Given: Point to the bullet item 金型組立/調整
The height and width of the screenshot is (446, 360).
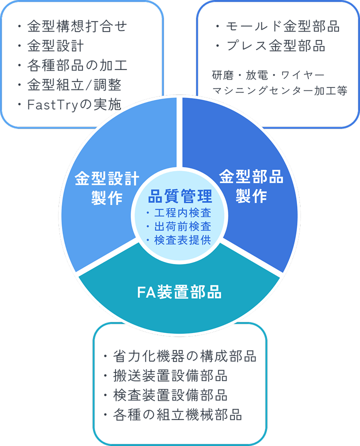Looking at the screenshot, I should (x=73, y=84).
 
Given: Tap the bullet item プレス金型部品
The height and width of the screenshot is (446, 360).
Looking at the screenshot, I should (x=275, y=46).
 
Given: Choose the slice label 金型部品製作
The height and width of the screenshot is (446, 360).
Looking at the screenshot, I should (x=251, y=185).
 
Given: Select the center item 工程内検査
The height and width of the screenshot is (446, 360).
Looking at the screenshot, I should (x=182, y=212).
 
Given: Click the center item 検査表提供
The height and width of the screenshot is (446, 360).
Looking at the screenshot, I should (x=182, y=240).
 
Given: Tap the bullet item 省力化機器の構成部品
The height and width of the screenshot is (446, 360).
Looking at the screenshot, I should (x=184, y=356).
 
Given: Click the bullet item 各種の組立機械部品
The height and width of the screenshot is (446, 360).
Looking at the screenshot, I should (x=177, y=414).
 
